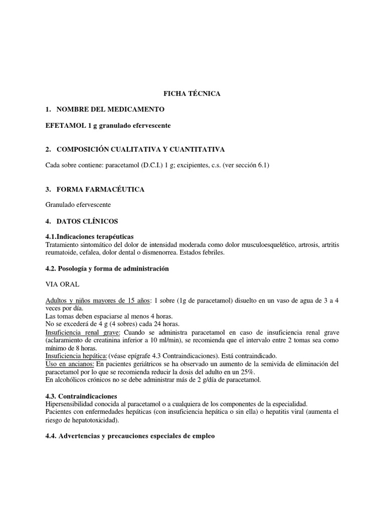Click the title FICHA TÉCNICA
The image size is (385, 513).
192,94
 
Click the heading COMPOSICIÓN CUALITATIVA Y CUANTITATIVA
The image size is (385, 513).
140,150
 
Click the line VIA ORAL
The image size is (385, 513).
62,285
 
